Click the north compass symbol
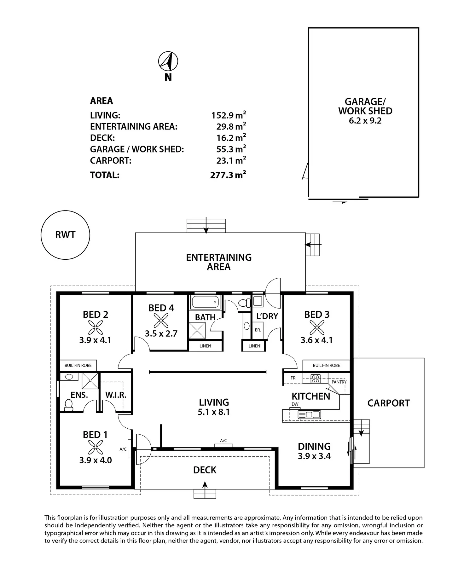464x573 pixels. coord(168,61)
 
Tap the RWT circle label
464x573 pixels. coord(65,235)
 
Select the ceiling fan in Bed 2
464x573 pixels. coord(96,327)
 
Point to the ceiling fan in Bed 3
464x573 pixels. coord(317,327)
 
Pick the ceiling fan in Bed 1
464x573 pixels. coord(95,448)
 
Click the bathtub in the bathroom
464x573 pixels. coord(205,302)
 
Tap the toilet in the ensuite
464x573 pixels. coord(68,405)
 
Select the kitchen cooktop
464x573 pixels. coord(316,378)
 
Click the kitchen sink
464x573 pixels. coord(309,414)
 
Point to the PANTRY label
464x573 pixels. coord(339,382)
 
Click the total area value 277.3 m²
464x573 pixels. coord(228,175)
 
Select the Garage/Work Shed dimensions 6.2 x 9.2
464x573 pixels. coord(365,121)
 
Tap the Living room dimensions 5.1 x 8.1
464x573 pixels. coord(214,412)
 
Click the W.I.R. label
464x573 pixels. coord(116,395)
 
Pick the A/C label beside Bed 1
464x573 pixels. coord(123,449)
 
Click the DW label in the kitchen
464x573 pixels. coord(295,404)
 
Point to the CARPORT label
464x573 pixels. coord(389,403)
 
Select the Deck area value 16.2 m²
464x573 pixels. coord(231,137)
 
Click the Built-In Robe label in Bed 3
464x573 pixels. coord(326,365)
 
